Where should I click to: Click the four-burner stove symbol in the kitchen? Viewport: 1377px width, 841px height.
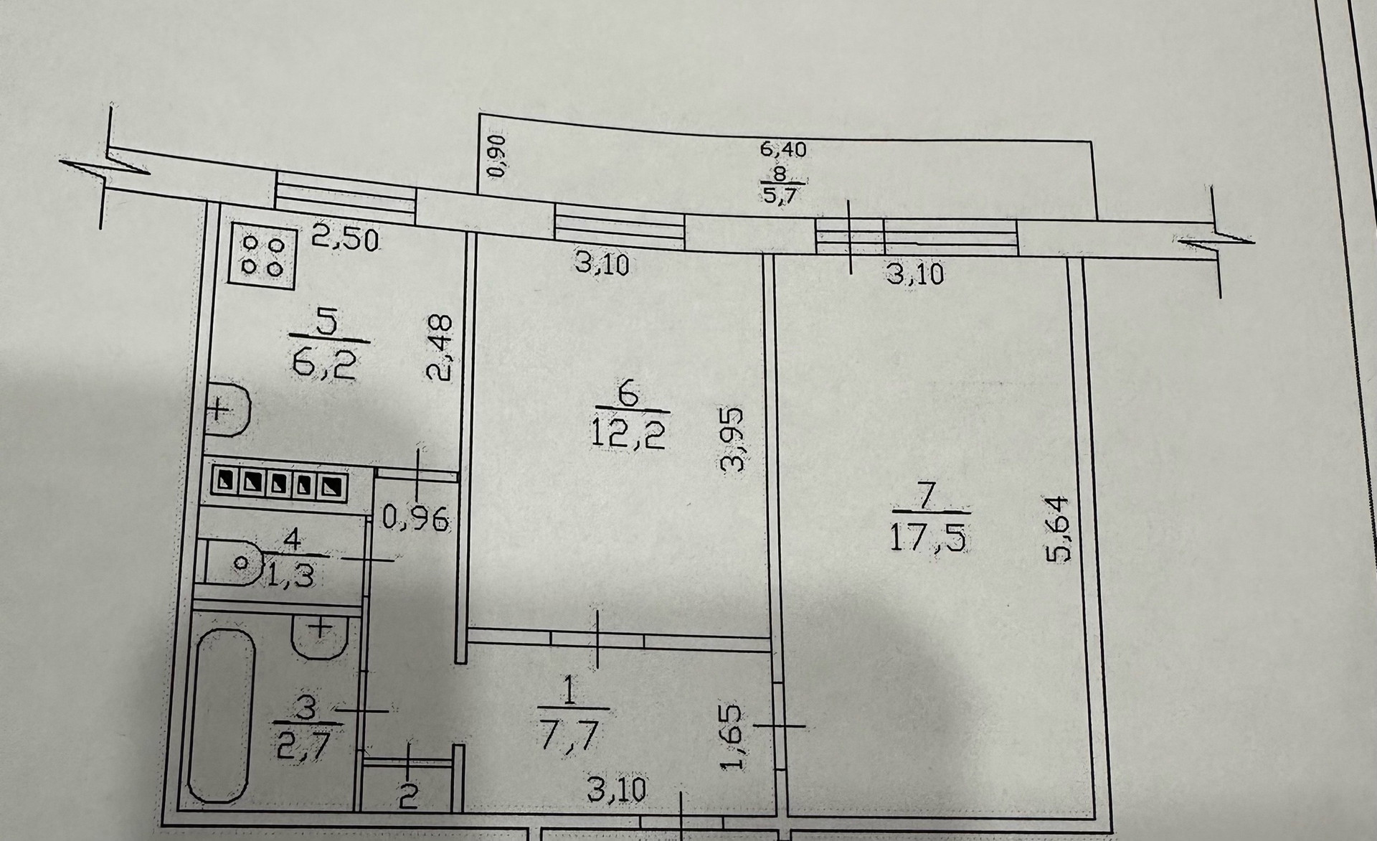click(x=263, y=256)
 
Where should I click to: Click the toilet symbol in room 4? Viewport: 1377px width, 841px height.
click(x=237, y=563)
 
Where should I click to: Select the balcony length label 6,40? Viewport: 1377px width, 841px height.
click(x=783, y=149)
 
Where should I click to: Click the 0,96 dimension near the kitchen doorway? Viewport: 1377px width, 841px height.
click(x=415, y=517)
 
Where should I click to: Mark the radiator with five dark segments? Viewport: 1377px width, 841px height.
click(x=279, y=484)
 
